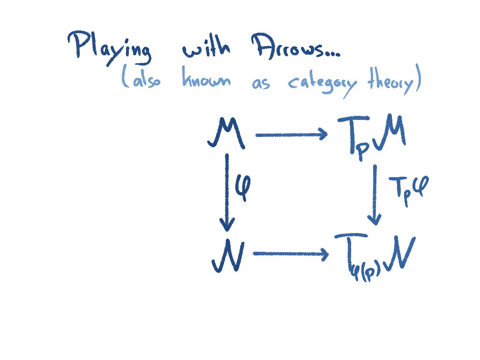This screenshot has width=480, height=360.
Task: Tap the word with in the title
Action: click(206, 48)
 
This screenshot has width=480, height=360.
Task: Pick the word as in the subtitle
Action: click(261, 84)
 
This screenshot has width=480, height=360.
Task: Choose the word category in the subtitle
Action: click(322, 84)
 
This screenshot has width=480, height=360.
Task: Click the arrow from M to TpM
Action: click(291, 135)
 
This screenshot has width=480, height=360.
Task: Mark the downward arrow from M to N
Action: click(227, 192)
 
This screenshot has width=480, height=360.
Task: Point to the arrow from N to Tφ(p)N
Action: click(291, 255)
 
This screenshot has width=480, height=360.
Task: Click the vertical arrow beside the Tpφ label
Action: click(375, 195)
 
